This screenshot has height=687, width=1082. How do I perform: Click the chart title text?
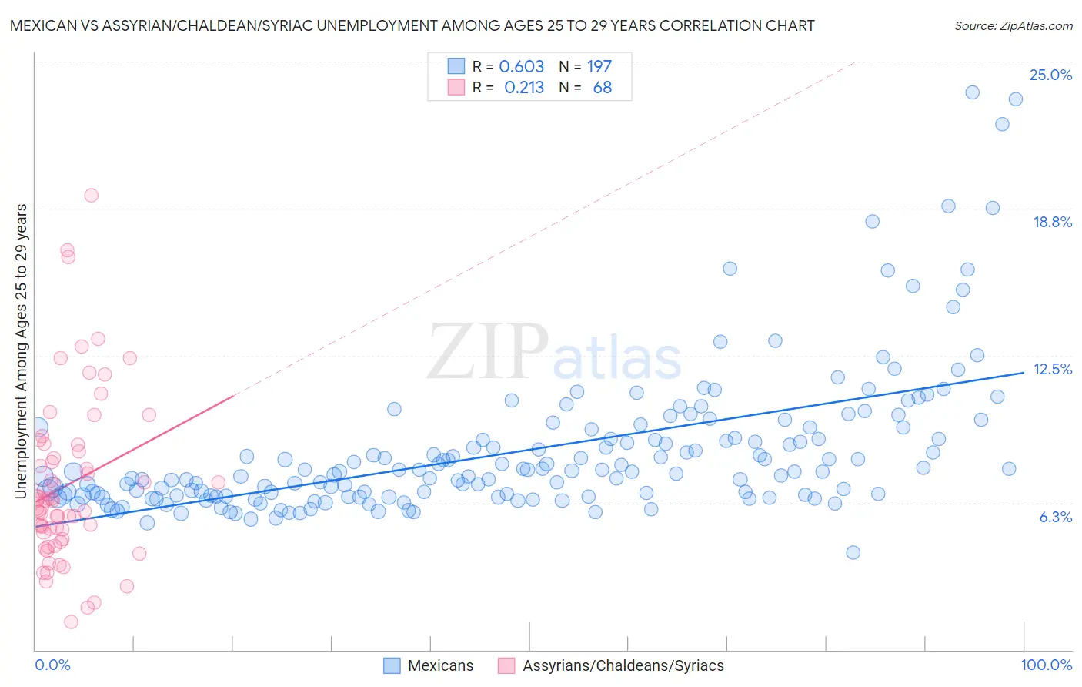tap(412, 25)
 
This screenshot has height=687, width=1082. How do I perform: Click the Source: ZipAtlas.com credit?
tap(1013, 25)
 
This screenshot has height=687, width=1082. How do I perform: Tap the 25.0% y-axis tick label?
tap(1050, 75)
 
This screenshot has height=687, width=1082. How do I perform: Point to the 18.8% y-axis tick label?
tap(1052, 222)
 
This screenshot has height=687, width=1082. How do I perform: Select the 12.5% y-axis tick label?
tap(1052, 369)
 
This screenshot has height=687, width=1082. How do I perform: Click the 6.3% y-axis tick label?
tap(1055, 517)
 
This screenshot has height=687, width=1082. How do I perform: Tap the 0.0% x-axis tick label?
tap(52, 665)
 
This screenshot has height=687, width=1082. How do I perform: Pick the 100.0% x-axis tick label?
tap(1046, 665)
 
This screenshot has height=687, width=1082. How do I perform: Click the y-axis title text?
tap(21, 350)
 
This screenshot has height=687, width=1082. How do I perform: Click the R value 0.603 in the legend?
tap(521, 67)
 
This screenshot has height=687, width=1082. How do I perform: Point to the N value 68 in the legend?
tap(602, 88)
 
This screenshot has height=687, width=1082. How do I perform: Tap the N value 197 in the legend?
tap(599, 67)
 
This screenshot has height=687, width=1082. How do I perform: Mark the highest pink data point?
tap(91, 196)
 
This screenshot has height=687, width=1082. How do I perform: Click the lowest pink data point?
tap(71, 622)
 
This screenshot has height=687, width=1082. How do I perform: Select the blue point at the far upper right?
tap(1015, 99)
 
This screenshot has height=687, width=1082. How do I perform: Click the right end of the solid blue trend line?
tap(1024, 372)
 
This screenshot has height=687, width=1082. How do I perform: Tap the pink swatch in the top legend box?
tap(456, 88)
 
